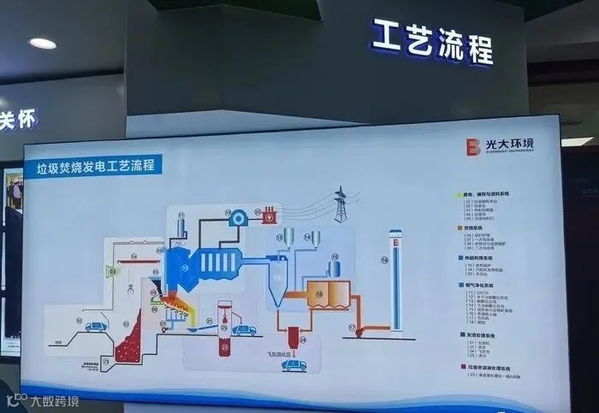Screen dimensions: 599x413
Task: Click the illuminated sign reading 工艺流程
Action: click(x=432, y=40)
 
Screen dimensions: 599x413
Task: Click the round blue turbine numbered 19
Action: click(x=234, y=218)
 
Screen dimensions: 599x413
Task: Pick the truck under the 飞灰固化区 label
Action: click(x=294, y=364)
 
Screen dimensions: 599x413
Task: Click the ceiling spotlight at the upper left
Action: click(x=42, y=43)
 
